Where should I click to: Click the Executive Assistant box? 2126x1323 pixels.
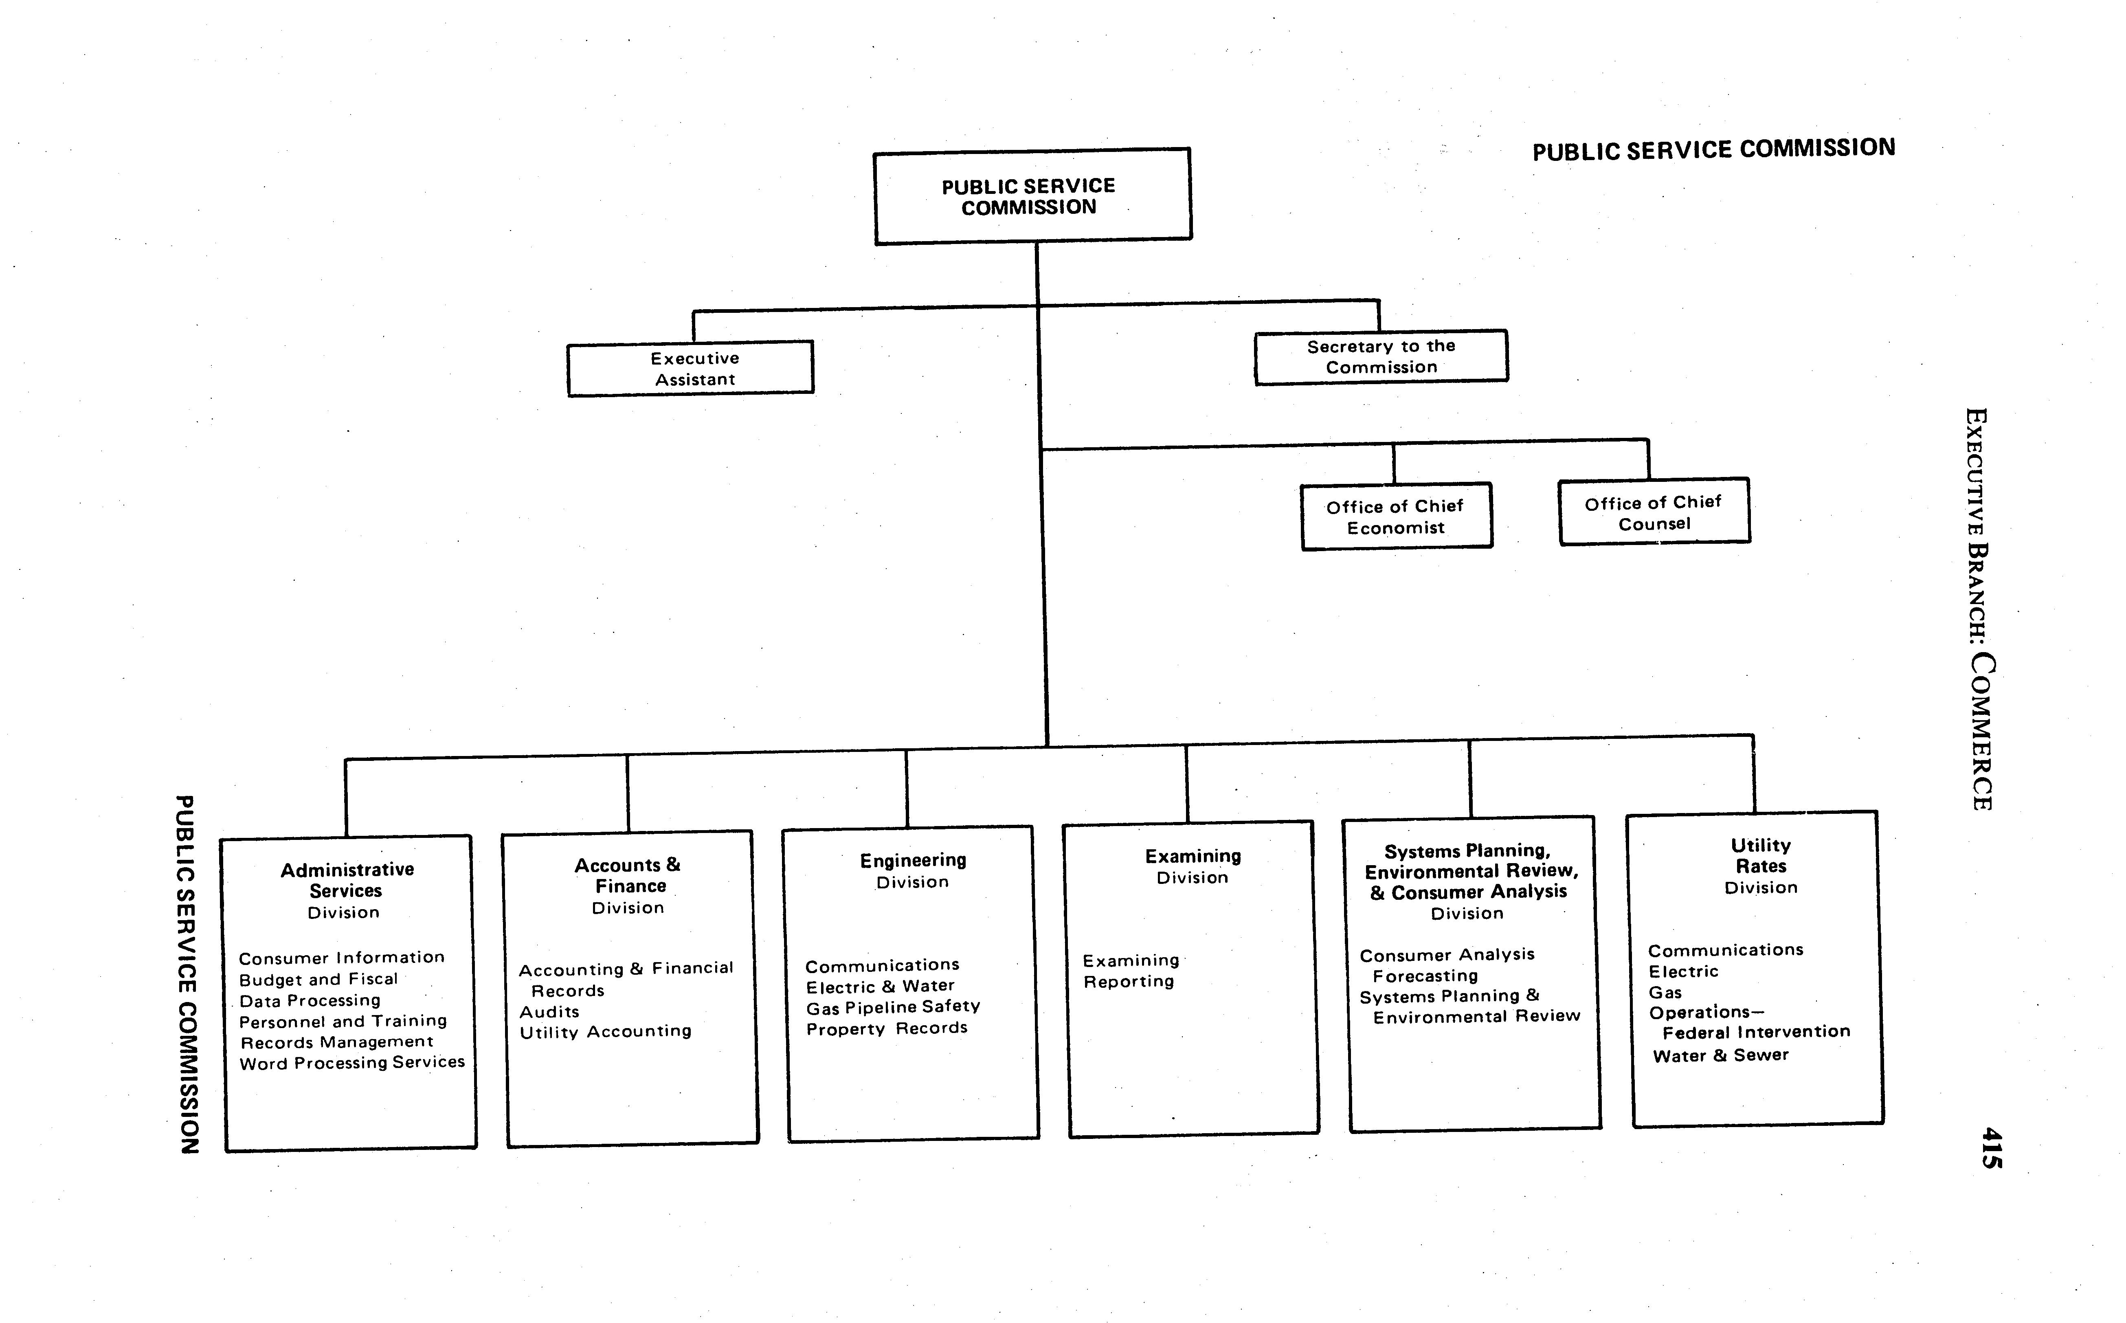coord(691,368)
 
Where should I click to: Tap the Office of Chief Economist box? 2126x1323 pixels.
coord(1396,516)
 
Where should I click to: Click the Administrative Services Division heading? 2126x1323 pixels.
coord(347,890)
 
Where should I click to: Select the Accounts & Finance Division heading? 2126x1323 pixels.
coord(628,886)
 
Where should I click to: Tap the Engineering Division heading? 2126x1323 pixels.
coord(913,870)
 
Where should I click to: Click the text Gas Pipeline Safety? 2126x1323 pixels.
coord(892,1007)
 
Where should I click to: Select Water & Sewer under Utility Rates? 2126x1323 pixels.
coord(1720,1055)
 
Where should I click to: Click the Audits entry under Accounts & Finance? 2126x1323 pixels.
coord(549,1011)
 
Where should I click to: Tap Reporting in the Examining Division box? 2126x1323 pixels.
coord(1129,982)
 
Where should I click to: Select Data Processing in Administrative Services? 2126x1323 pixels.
coord(310,1000)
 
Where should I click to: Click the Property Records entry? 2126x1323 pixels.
coord(886,1028)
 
